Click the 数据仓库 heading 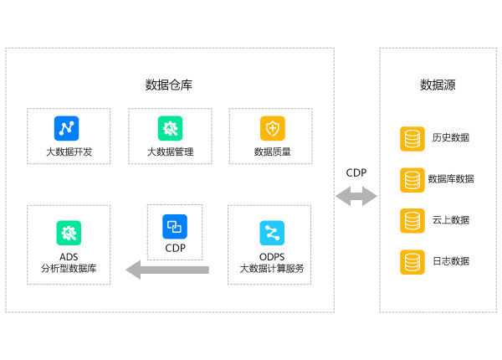pyautogui.click(x=169, y=85)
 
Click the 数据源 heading pyautogui.click(x=438, y=85)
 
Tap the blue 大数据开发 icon pyautogui.click(x=66, y=128)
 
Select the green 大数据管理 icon pyautogui.click(x=170, y=128)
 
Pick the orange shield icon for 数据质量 pyautogui.click(x=273, y=128)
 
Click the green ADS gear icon pyautogui.click(x=69, y=233)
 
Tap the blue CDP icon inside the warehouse pyautogui.click(x=175, y=227)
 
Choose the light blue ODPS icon pyautogui.click(x=272, y=233)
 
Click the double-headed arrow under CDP pyautogui.click(x=356, y=197)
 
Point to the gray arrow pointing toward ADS pyautogui.click(x=167, y=270)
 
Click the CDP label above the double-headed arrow pyautogui.click(x=356, y=173)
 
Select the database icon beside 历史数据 pyautogui.click(x=412, y=139)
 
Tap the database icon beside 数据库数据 pyautogui.click(x=412, y=180)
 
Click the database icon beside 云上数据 pyautogui.click(x=412, y=221)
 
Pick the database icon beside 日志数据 pyautogui.click(x=412, y=262)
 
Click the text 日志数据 pyautogui.click(x=451, y=261)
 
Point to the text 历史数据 pyautogui.click(x=451, y=138)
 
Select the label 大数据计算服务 pyautogui.click(x=272, y=269)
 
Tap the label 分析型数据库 pyautogui.click(x=69, y=269)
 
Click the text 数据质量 pyautogui.click(x=273, y=152)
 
